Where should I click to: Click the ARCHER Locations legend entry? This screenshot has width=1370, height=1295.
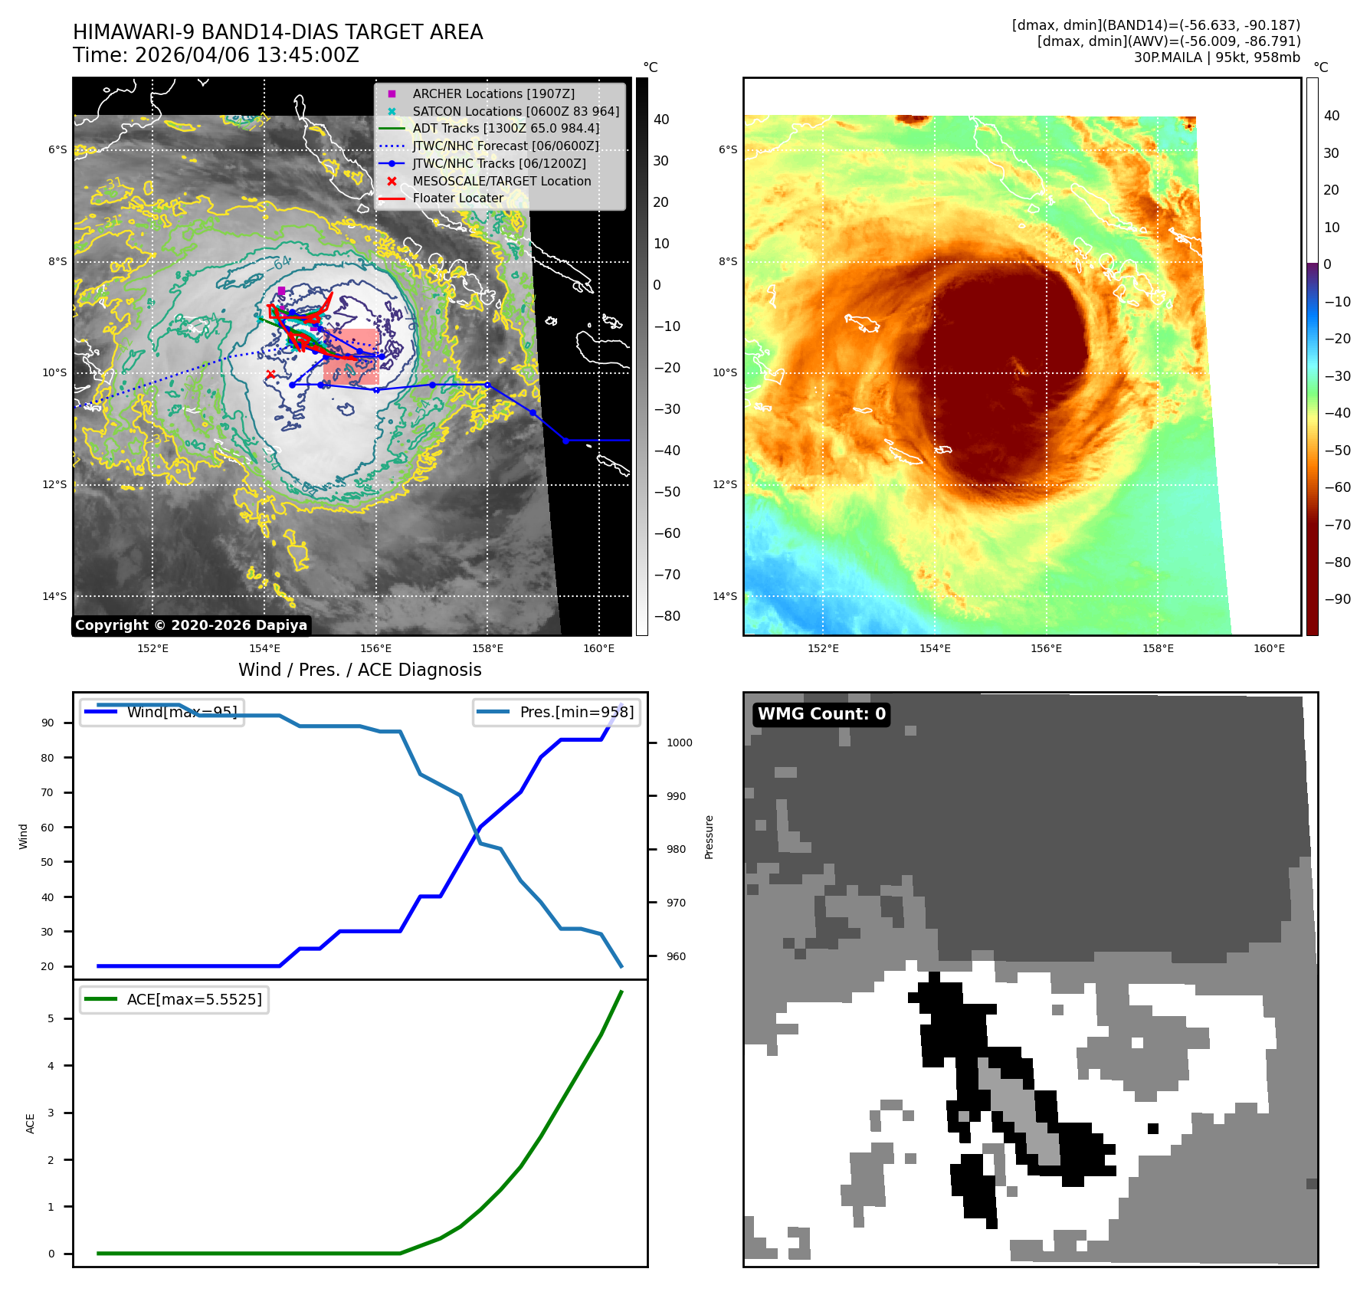[493, 93]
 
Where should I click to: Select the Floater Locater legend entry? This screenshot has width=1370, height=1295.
[457, 198]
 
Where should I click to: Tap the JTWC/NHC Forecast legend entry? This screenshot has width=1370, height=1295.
[505, 146]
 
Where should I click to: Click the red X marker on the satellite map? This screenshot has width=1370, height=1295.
[270, 374]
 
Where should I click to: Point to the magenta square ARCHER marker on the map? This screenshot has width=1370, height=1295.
[281, 290]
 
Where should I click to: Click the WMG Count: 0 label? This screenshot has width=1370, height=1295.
[821, 714]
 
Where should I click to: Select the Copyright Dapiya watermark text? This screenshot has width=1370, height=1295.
[191, 625]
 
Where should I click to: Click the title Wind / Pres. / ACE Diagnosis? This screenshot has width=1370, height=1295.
[359, 670]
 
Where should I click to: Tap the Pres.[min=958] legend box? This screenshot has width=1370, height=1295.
[556, 713]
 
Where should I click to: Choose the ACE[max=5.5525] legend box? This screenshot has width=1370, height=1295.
[175, 999]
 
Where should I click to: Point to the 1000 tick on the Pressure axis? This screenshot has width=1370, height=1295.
[679, 743]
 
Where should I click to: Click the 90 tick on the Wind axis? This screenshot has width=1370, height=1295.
[48, 723]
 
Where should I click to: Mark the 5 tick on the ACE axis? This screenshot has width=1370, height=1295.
[51, 1018]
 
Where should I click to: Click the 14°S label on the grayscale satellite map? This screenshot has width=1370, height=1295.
[54, 596]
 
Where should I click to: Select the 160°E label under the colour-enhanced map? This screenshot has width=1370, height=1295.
[1269, 648]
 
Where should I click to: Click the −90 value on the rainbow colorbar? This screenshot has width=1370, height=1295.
[1337, 599]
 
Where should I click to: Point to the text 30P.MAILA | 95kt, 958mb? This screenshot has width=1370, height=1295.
[1217, 57]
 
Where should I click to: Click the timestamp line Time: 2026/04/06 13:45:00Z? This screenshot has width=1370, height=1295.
[215, 55]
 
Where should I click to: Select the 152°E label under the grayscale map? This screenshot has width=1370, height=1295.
[152, 648]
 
